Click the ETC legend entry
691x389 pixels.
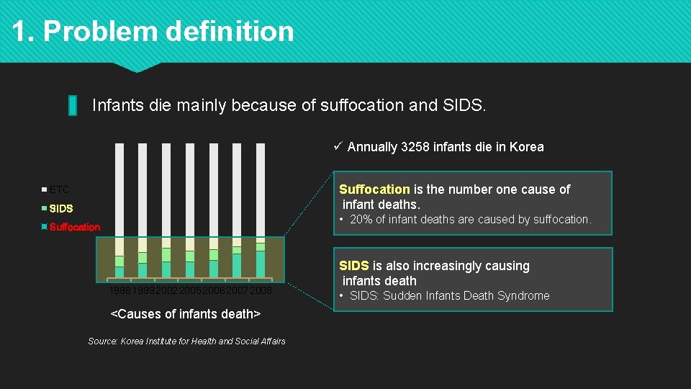pyautogui.click(x=59, y=190)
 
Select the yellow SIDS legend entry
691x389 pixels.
pyautogui.click(x=61, y=209)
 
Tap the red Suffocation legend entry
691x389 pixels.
pyautogui.click(x=74, y=227)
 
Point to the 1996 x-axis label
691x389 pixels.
pyautogui.click(x=119, y=290)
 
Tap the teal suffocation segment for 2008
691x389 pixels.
pyautogui.click(x=261, y=264)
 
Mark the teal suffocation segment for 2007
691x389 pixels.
pyautogui.click(x=237, y=265)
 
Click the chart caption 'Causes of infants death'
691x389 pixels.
pyautogui.click(x=185, y=314)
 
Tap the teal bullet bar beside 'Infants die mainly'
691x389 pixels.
pyautogui.click(x=73, y=105)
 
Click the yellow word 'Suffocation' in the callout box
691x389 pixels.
pyautogui.click(x=374, y=189)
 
